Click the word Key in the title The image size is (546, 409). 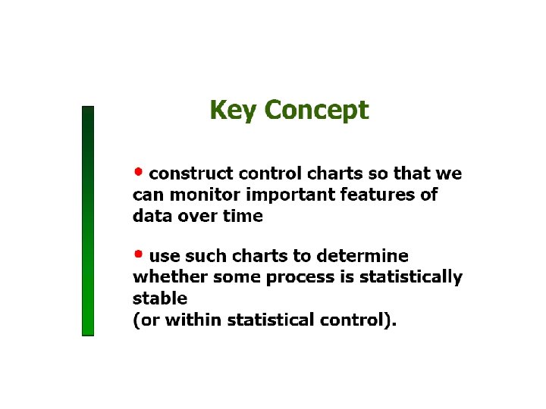click(234, 111)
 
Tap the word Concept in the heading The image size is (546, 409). click(316, 111)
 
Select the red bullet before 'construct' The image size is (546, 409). click(138, 169)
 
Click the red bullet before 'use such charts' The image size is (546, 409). click(138, 251)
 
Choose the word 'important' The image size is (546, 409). click(287, 195)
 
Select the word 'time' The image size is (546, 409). click(243, 216)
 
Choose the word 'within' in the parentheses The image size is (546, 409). click(187, 320)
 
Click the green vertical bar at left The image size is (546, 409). click(88, 220)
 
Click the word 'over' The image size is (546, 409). click(197, 216)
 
